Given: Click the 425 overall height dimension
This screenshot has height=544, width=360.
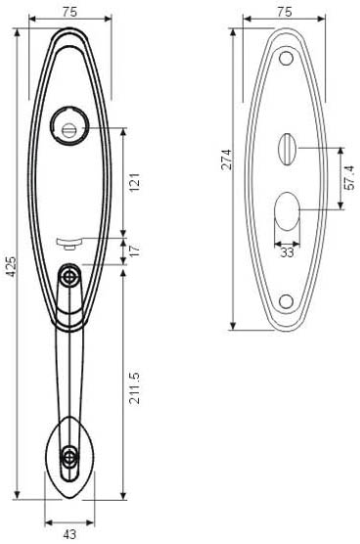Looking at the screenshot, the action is (12, 266).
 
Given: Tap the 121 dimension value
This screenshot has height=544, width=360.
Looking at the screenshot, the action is (135, 182).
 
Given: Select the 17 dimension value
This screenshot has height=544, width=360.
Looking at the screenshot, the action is (135, 249).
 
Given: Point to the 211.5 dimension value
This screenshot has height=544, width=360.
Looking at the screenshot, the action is (135, 387).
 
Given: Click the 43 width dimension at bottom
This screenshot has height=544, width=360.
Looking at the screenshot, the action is (69, 534).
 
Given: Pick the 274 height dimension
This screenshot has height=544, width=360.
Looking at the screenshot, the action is (227, 159).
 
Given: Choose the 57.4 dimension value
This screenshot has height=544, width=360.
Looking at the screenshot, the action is (349, 178).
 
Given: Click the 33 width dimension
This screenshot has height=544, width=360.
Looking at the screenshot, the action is (287, 252).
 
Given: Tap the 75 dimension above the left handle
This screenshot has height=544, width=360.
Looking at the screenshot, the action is (69, 12).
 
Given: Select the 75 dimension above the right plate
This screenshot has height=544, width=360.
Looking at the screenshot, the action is (285, 12).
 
